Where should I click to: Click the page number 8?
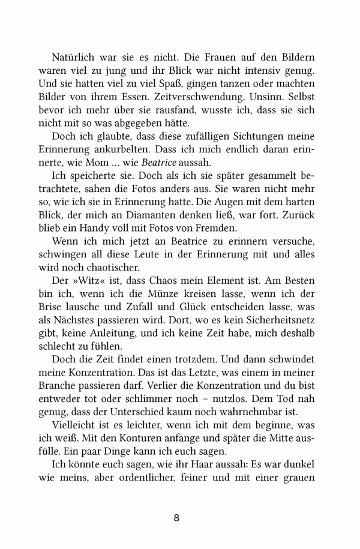pos(176,518)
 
